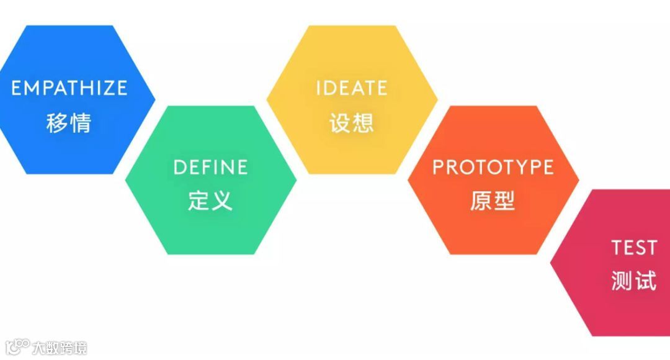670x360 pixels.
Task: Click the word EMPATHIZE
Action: tap(69, 88)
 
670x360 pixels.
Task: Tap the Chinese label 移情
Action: tap(69, 122)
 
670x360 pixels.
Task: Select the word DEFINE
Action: tap(210, 167)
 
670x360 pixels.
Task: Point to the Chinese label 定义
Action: tap(210, 200)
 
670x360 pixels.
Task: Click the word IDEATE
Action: tap(352, 88)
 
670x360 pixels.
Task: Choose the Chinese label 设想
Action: tap(352, 122)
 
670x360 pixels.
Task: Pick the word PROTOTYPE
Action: tap(493, 167)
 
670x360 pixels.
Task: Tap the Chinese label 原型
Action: tap(493, 200)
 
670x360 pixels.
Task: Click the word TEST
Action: tap(633, 248)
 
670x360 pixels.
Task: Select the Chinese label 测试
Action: tap(633, 281)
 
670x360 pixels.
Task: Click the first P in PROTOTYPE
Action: tap(438, 167)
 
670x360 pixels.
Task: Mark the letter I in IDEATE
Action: tap(318, 88)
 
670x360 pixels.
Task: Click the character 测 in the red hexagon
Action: tap(622, 281)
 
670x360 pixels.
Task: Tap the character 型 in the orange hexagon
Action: tap(505, 200)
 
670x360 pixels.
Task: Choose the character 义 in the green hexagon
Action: tap(222, 200)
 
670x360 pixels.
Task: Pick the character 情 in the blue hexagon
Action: tap(81, 122)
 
